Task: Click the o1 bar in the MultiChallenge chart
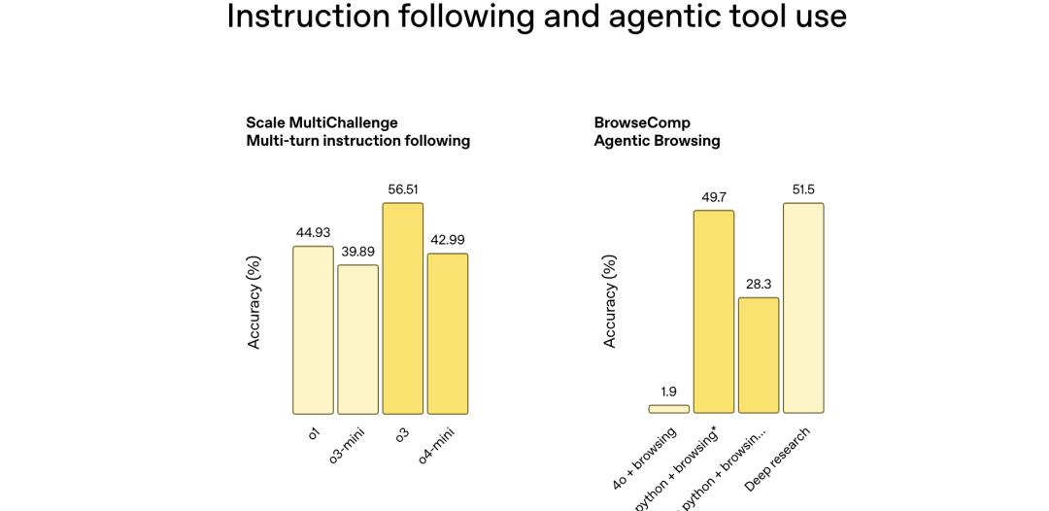[x=313, y=330]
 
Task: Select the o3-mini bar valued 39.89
[x=357, y=339]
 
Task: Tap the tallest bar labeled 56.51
[x=402, y=308]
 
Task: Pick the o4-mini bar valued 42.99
[x=447, y=333]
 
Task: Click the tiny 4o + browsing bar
[x=668, y=409]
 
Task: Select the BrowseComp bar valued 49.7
[x=713, y=312]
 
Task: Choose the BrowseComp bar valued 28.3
[x=758, y=356]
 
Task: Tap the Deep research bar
[x=803, y=308]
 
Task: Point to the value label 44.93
[x=313, y=233]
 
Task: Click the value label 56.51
[x=402, y=189]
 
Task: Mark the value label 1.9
[x=668, y=392]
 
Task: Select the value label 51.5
[x=803, y=189]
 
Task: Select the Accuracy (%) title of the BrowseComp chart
[x=610, y=301]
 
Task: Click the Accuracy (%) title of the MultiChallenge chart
[x=254, y=301]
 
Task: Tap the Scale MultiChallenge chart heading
[x=321, y=123]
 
